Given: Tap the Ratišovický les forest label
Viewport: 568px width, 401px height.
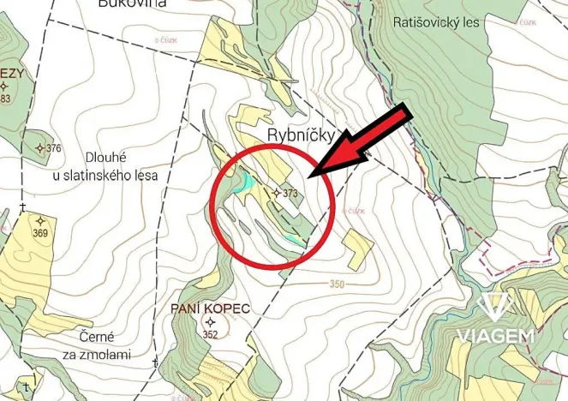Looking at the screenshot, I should pyautogui.click(x=437, y=22).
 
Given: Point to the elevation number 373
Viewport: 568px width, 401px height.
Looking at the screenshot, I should pyautogui.click(x=290, y=194).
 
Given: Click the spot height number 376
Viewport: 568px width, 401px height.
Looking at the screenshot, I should pyautogui.click(x=54, y=149).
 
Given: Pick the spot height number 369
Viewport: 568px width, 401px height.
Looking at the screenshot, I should pyautogui.click(x=40, y=232).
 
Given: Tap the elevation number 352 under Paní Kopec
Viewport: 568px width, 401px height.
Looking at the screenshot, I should pyautogui.click(x=210, y=335).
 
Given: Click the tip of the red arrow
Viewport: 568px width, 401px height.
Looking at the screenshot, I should pyautogui.click(x=313, y=177).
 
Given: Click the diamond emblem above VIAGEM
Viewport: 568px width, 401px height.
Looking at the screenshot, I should pyautogui.click(x=496, y=305).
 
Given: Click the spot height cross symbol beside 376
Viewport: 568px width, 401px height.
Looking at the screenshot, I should pyautogui.click(x=39, y=148).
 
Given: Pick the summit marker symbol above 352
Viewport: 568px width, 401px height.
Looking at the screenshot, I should pyautogui.click(x=210, y=322).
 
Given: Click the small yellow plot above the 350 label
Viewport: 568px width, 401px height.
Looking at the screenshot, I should pyautogui.click(x=357, y=249).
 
